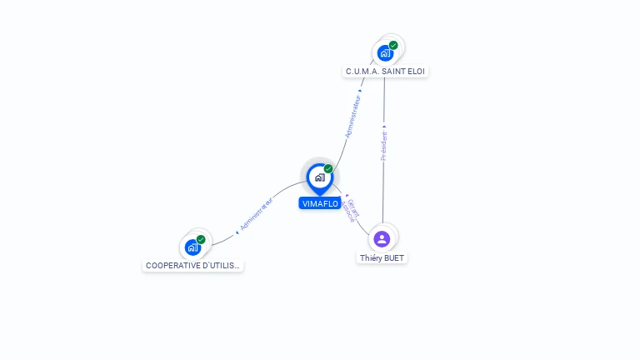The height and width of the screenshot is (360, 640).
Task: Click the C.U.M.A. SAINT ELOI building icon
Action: click(x=384, y=53)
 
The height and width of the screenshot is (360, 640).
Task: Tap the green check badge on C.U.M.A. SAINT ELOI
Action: click(x=393, y=45)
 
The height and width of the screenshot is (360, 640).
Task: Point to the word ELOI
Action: click(x=417, y=72)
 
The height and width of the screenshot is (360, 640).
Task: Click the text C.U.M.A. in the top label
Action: click(x=362, y=72)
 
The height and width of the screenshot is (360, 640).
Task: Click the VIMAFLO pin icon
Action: click(x=319, y=177)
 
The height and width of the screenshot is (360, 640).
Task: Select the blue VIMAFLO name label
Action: click(x=320, y=203)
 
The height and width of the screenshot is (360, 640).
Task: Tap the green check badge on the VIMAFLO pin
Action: click(x=328, y=169)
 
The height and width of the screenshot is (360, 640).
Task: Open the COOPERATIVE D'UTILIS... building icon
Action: click(x=192, y=247)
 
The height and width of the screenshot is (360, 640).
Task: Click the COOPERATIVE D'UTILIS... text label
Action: click(x=192, y=266)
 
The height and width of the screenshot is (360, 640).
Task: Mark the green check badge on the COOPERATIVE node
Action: click(x=201, y=239)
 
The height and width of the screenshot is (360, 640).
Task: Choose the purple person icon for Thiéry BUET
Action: click(x=382, y=239)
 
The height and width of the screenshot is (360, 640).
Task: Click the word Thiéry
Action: click(x=371, y=258)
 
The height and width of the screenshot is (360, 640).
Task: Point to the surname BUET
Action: click(x=394, y=258)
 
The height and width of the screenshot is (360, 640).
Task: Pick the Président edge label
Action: click(x=384, y=145)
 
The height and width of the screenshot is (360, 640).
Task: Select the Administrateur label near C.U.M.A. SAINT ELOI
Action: click(x=353, y=116)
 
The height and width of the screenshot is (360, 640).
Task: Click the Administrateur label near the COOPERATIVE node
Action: click(x=256, y=214)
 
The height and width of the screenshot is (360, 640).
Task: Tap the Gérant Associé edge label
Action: click(x=352, y=211)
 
